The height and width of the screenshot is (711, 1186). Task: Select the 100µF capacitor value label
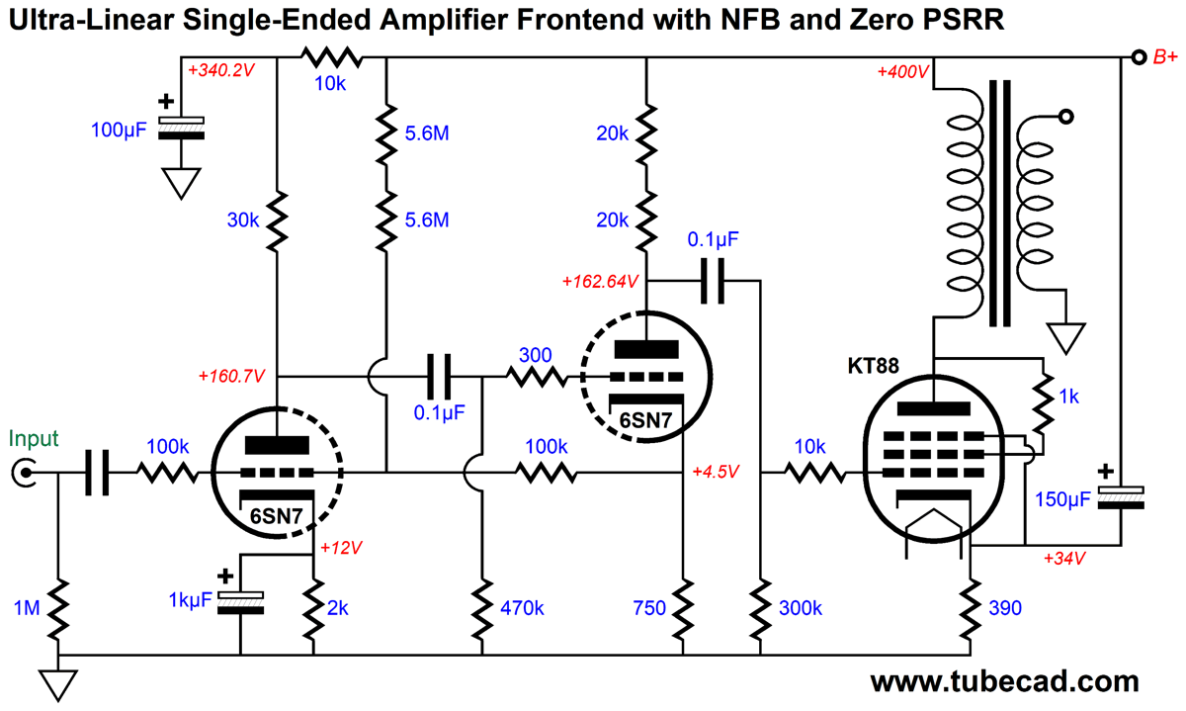119,129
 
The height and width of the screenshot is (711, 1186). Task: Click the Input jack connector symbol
21,475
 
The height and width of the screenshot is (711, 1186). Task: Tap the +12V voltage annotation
342,547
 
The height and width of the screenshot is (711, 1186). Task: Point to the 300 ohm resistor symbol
537,377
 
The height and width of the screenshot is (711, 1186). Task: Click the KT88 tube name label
873,365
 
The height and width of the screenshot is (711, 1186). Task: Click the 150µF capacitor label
1061,500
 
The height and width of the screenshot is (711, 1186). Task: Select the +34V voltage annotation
1064,559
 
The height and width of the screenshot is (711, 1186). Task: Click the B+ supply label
1165,58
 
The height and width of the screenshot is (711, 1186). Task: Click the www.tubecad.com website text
1004,682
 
